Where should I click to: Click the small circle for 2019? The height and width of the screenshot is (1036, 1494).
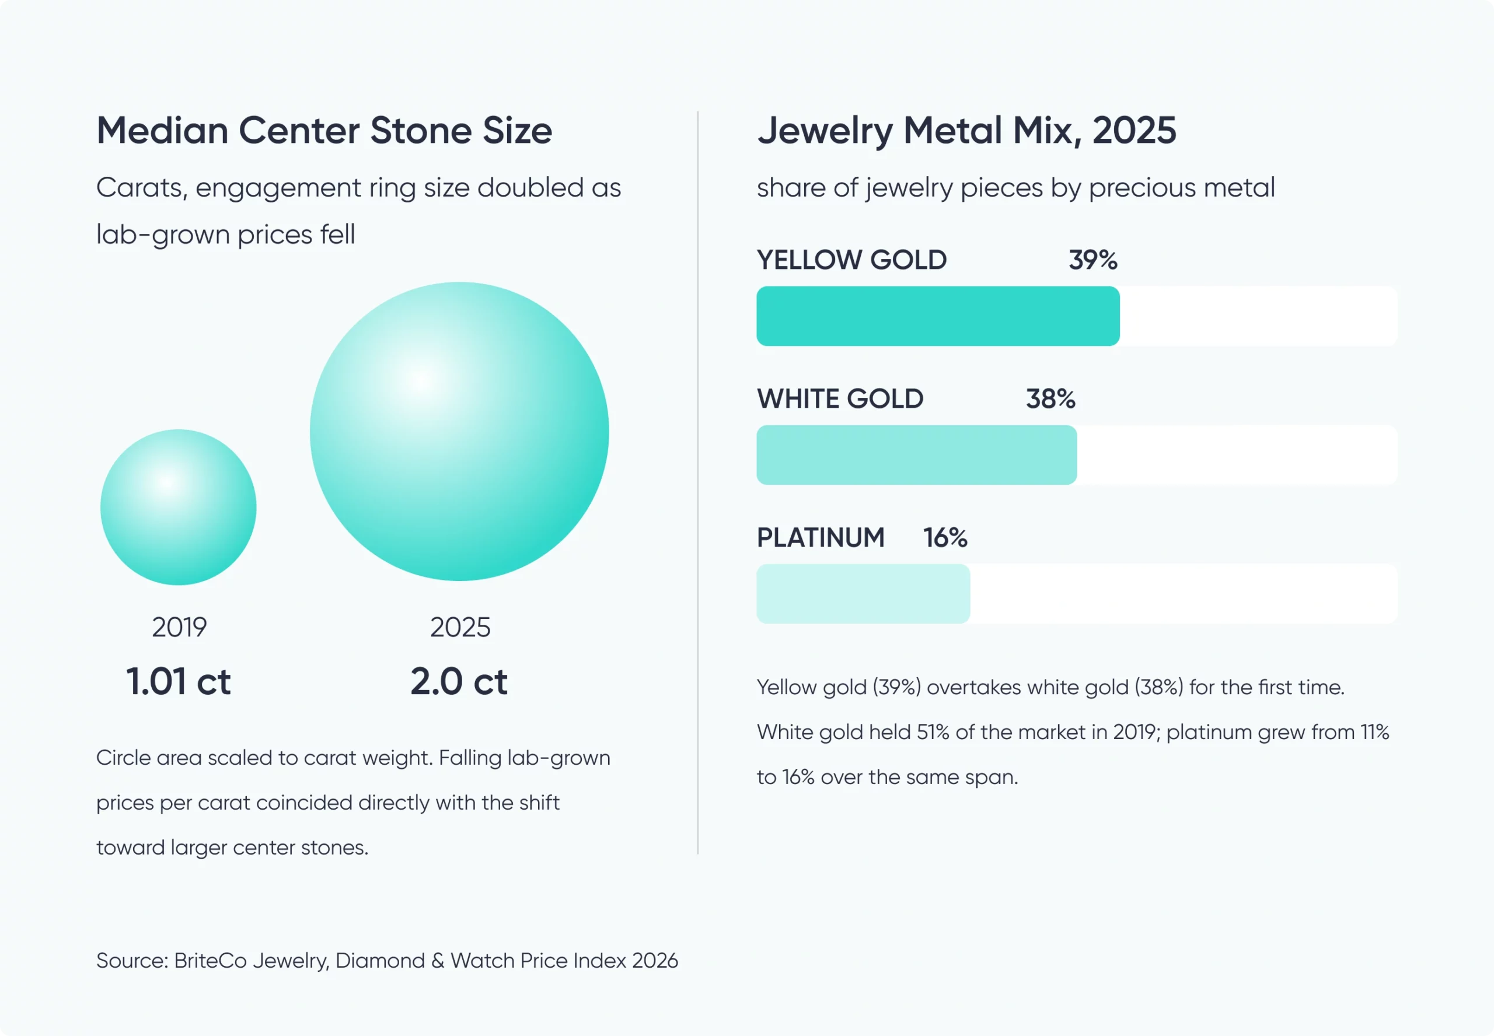click(x=179, y=507)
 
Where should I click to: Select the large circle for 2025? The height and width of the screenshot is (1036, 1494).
click(x=460, y=432)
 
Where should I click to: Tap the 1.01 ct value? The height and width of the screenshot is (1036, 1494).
click(x=179, y=681)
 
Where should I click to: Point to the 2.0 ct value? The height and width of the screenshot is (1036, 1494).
click(x=459, y=681)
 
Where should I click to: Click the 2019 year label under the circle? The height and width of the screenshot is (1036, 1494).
click(x=179, y=627)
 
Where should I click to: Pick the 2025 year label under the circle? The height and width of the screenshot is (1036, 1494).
click(x=460, y=627)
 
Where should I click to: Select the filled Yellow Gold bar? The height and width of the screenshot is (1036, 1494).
click(x=938, y=316)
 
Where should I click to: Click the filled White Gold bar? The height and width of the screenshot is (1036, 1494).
click(x=917, y=455)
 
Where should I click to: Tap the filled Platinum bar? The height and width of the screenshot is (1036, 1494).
click(x=864, y=594)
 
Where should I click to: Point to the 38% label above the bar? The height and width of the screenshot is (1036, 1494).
click(x=1050, y=398)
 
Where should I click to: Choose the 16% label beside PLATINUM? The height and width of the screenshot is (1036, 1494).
click(x=945, y=537)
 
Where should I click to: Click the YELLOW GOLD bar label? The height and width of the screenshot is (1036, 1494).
click(x=852, y=260)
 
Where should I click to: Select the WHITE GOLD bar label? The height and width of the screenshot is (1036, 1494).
click(x=840, y=398)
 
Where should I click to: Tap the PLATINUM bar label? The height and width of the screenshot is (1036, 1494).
click(x=821, y=537)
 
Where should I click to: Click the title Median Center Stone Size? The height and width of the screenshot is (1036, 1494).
click(x=324, y=130)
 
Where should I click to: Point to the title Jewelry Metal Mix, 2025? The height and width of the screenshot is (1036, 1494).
click(x=967, y=131)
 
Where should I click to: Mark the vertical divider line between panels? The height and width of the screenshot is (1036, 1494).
click(x=698, y=483)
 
